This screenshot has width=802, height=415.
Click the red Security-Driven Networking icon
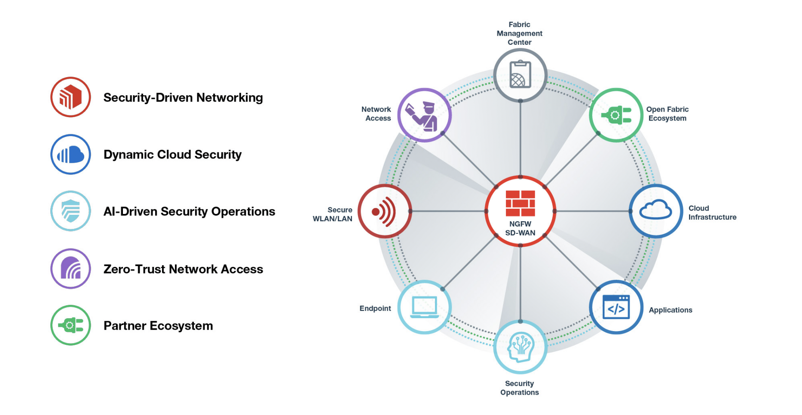70,97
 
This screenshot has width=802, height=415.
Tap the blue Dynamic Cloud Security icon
70,154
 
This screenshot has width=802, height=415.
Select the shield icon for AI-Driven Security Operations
70,211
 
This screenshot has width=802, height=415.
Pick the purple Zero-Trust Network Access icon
70,268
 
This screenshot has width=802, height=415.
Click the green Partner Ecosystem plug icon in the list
70,325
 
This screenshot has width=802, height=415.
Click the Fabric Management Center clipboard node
520,75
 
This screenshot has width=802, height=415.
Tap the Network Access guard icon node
424,115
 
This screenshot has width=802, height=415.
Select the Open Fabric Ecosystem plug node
616,115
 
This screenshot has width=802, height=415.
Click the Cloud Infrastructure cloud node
656,211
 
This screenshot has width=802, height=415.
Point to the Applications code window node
616,307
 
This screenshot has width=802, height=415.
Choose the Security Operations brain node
520,347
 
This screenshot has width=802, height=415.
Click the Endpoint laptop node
424,307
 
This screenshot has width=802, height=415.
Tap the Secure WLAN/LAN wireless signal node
384,211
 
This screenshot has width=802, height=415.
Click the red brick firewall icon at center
520,203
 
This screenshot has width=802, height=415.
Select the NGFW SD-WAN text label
520,229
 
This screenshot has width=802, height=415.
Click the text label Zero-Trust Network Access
183,269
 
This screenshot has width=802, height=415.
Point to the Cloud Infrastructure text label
712,213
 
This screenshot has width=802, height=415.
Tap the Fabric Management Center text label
519,34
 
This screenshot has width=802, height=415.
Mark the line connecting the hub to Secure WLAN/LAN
448,211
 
